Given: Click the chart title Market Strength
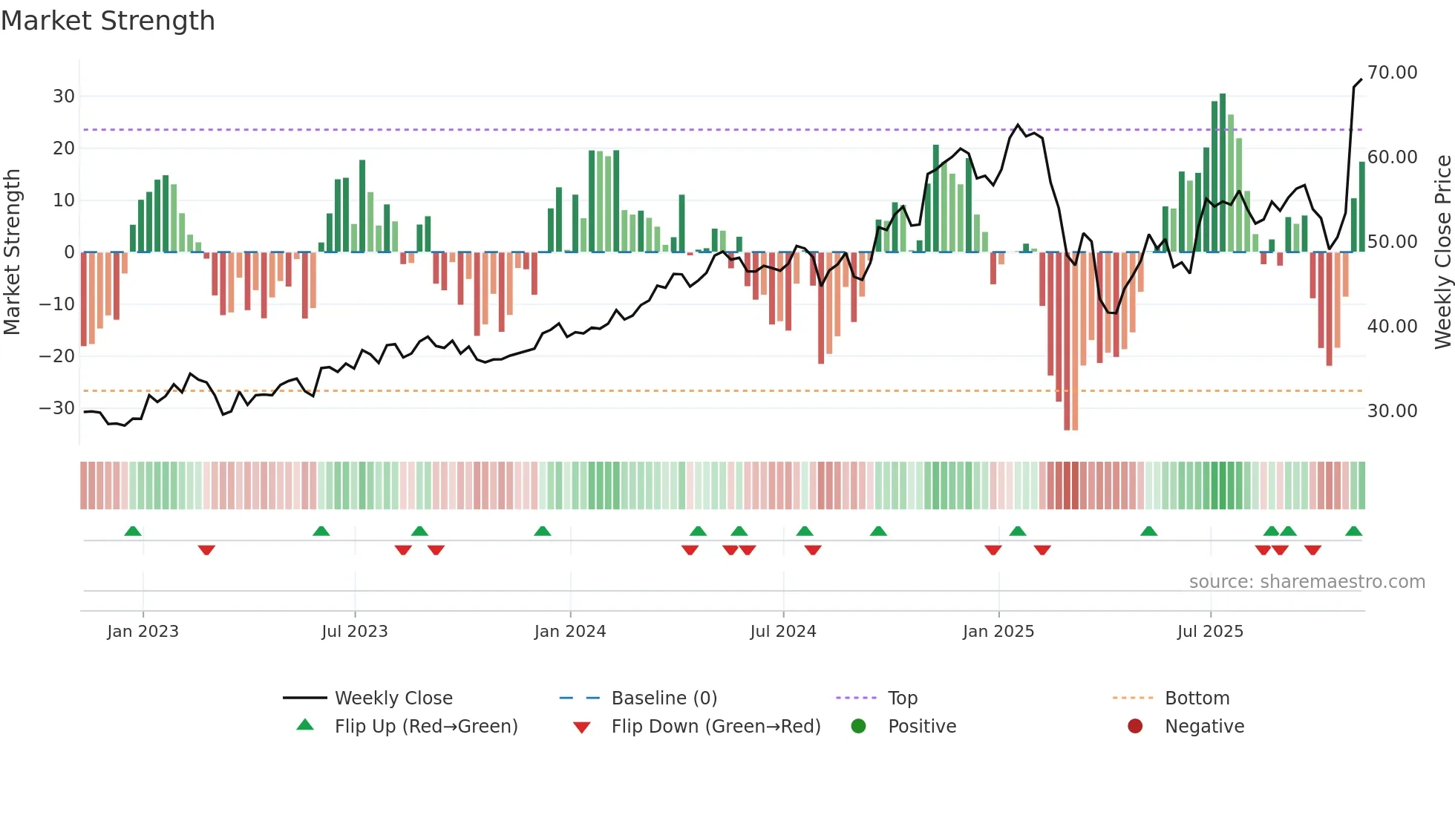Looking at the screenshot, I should [x=108, y=21].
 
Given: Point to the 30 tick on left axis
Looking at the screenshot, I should [x=63, y=96].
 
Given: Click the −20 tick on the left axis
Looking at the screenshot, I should [x=57, y=356].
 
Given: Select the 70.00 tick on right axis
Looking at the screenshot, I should [x=1392, y=73].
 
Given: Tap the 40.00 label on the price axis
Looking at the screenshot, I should [x=1392, y=327].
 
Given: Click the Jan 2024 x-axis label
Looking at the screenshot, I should [x=569, y=632].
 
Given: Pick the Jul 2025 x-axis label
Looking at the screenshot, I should [x=1209, y=632].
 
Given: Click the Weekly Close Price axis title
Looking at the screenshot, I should [x=1442, y=252].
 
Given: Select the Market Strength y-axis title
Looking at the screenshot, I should [x=12, y=252].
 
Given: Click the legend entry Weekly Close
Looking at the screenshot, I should [x=393, y=698].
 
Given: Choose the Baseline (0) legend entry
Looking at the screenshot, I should [x=664, y=698].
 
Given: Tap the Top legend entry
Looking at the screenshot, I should [x=902, y=698].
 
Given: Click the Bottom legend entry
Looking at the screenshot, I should [x=1197, y=698].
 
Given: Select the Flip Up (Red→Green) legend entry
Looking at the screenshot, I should [x=425, y=727].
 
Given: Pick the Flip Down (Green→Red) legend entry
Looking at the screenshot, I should [x=716, y=727].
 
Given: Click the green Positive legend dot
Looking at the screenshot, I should [x=858, y=727].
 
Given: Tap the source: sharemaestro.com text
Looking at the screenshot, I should [x=1307, y=582].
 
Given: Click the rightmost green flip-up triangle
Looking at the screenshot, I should [x=1353, y=531].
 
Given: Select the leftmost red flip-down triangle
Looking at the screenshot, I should [x=206, y=550].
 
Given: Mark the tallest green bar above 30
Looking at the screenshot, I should [x=1222, y=172].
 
